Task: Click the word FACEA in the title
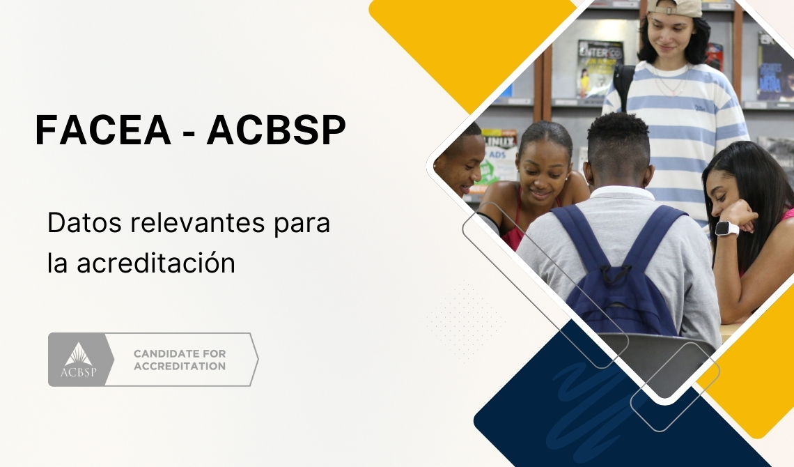pos(102,130)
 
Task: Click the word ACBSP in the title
pos(276,130)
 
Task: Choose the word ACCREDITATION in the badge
pos(180,367)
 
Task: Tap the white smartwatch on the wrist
pos(726,228)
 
